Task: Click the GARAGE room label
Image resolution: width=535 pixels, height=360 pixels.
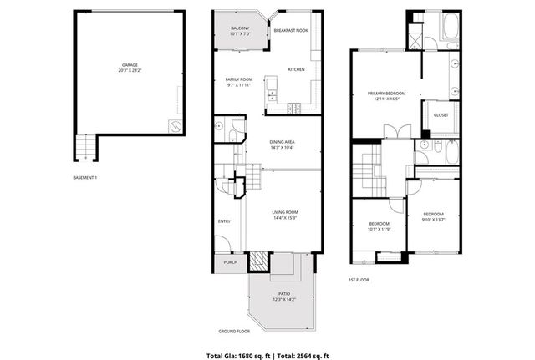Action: click(129, 63)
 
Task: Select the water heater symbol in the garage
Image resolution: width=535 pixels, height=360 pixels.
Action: click(176, 126)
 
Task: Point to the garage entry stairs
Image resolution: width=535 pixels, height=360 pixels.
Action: click(84, 149)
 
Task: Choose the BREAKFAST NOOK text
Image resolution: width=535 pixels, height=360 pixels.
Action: click(291, 31)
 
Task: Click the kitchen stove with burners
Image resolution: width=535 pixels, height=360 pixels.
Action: click(294, 107)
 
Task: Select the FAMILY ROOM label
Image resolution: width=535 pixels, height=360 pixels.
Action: click(238, 79)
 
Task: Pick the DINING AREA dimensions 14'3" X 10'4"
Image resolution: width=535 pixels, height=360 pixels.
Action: click(281, 147)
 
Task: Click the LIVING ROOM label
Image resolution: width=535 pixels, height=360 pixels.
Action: click(285, 212)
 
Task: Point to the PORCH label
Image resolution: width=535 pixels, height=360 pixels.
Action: click(230, 262)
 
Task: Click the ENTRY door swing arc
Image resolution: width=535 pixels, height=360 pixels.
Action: click(222, 244)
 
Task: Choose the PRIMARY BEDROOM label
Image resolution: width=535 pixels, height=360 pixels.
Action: click(385, 93)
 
